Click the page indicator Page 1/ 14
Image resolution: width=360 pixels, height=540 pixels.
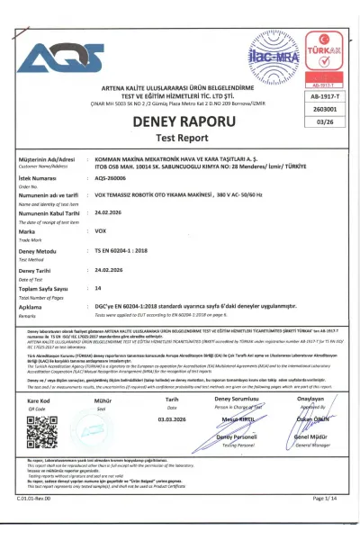coord(328,521)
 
